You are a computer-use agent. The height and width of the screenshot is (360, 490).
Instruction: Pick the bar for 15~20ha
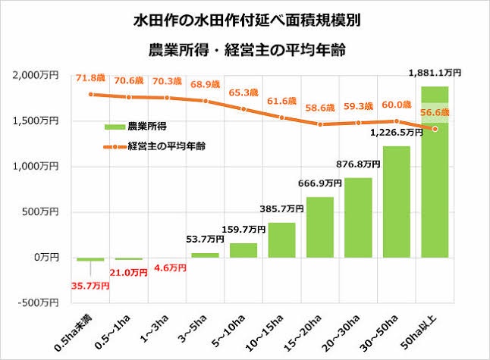tap(320, 227)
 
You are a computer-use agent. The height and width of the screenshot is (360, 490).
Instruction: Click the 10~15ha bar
tap(281, 240)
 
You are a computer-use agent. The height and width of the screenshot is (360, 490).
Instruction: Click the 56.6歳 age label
tap(435, 114)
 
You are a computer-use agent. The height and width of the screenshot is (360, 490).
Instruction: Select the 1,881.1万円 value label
tap(435, 73)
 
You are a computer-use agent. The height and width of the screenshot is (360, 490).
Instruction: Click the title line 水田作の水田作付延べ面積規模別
tap(246, 20)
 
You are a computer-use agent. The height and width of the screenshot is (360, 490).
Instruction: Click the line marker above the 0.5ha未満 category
tap(91, 95)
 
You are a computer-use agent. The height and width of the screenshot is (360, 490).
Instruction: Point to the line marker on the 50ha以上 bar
tap(435, 129)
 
